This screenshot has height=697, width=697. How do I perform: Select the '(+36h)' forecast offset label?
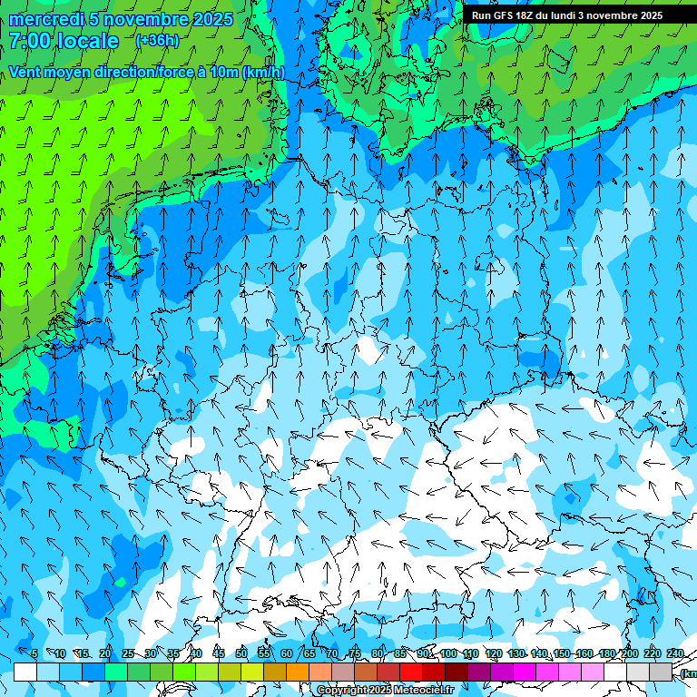[156, 41]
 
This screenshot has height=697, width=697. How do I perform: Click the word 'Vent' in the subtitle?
[26, 72]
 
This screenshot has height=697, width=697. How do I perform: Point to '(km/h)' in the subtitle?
[263, 72]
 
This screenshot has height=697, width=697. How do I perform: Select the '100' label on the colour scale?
[448, 653]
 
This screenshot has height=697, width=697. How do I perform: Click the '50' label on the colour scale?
[241, 653]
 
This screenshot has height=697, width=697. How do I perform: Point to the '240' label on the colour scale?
[675, 653]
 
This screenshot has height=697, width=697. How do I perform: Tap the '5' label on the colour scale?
[34, 653]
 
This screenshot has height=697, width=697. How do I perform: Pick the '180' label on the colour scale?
[607, 653]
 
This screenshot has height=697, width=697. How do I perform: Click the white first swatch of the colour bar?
[25, 672]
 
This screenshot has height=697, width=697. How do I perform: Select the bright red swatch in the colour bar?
[411, 672]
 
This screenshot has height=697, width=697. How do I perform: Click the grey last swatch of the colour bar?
[661, 672]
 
